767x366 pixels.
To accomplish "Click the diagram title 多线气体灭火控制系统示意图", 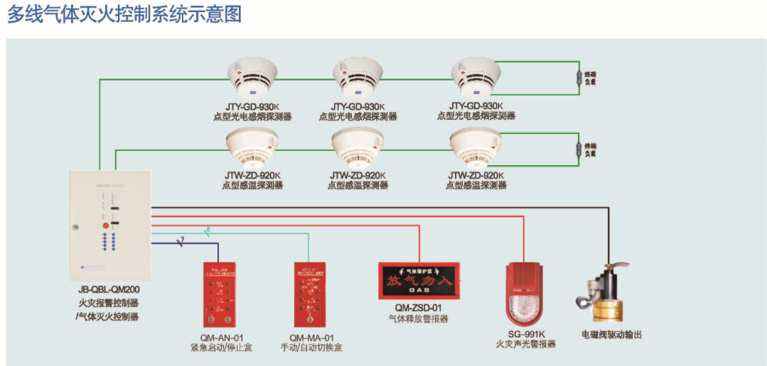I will click(x=124, y=14).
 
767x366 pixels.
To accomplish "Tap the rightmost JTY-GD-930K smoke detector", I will click(x=476, y=76).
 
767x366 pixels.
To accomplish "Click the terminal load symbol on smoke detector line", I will click(x=577, y=78).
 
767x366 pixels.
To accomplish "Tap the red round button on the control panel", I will click(x=105, y=225).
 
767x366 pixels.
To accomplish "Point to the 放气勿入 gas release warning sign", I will click(x=419, y=281).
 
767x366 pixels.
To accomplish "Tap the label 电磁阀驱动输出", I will click(x=611, y=334).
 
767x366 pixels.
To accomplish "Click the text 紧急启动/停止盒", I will click(x=221, y=348).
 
